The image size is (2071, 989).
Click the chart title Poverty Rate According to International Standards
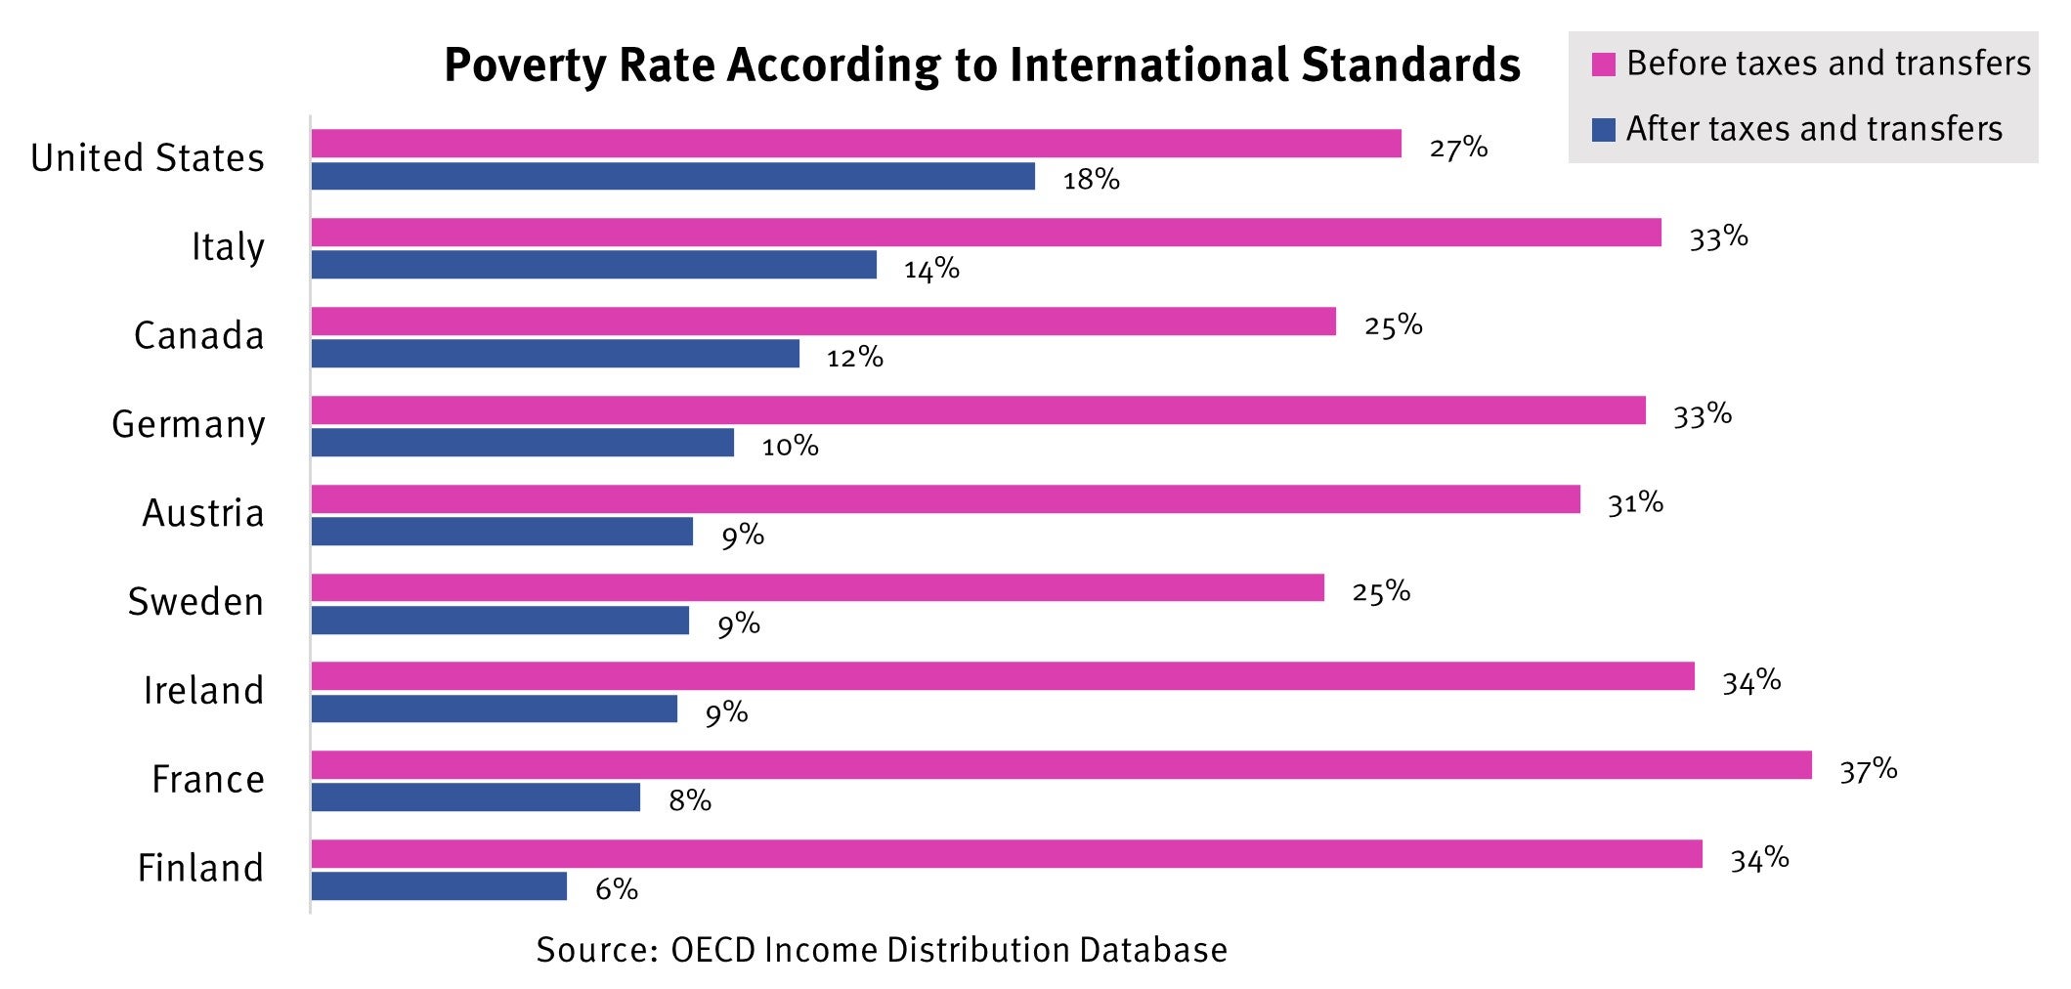(x=981, y=65)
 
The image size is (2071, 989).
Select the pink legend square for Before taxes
(x=1603, y=64)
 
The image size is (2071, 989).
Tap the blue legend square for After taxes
(x=1603, y=130)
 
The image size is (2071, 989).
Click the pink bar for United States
(x=855, y=144)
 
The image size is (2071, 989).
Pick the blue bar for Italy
(x=593, y=265)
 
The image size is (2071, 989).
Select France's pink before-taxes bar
(x=1060, y=765)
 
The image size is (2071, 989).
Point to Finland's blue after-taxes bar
(x=439, y=886)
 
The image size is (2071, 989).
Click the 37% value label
(x=1868, y=771)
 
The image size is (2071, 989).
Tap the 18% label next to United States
(x=1091, y=180)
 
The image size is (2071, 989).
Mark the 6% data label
(x=616, y=889)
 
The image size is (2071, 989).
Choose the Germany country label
(x=188, y=425)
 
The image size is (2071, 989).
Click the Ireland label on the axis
(x=203, y=691)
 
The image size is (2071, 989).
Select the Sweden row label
(x=195, y=602)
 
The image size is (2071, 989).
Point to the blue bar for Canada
(x=555, y=354)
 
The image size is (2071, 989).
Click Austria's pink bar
(x=945, y=499)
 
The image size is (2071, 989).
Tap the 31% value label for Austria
(x=1635, y=503)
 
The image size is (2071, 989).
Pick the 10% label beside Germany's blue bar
(x=790, y=447)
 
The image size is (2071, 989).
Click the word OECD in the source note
(x=712, y=950)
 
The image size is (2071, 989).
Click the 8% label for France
(x=689, y=801)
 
